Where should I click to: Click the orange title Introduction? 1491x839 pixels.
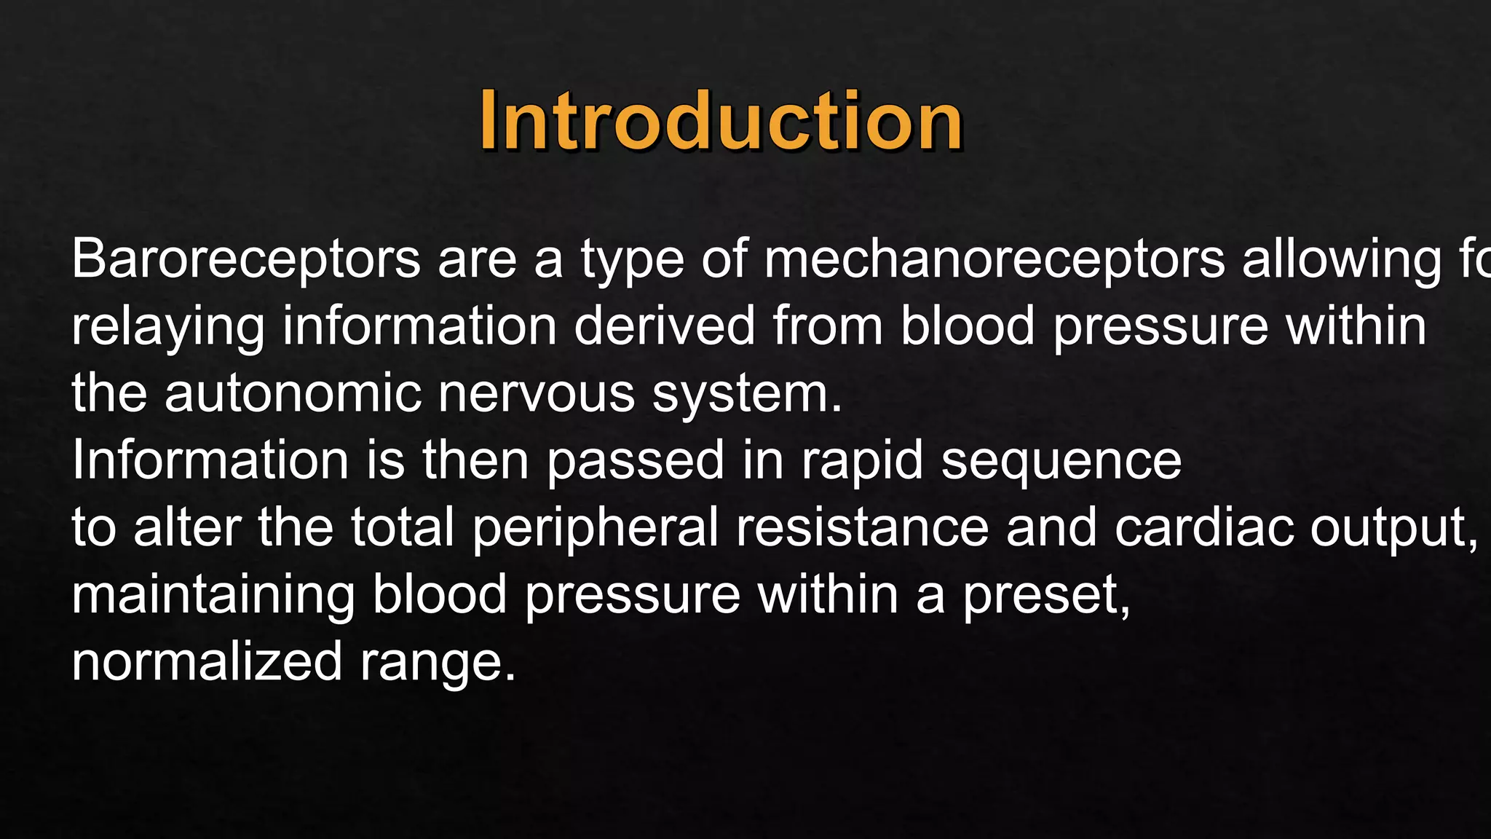tap(721, 121)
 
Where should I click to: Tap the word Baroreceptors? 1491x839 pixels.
tap(246, 259)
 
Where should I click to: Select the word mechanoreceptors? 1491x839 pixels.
tap(994, 259)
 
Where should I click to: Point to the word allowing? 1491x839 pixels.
tap(1341, 261)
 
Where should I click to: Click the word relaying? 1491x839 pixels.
tap(168, 328)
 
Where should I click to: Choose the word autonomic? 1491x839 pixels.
tap(293, 393)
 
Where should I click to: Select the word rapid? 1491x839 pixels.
tap(862, 462)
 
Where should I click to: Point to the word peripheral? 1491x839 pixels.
tap(596, 529)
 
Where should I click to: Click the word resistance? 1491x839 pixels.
tap(862, 527)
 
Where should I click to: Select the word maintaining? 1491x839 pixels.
tap(213, 596)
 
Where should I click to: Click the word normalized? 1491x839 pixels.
tap(207, 662)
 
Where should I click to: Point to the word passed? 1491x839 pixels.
tap(636, 462)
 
